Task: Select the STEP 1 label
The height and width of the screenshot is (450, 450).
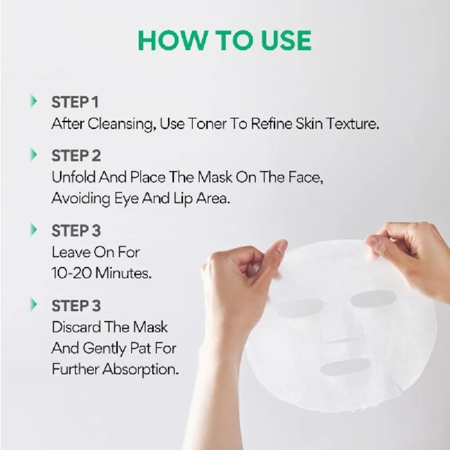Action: click(75, 102)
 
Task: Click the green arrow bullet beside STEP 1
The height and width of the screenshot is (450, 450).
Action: click(33, 101)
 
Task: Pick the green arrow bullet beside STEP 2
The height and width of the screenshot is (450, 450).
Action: click(33, 155)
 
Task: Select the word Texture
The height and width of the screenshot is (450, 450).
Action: click(353, 123)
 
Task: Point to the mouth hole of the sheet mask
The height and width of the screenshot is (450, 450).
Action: click(345, 367)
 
